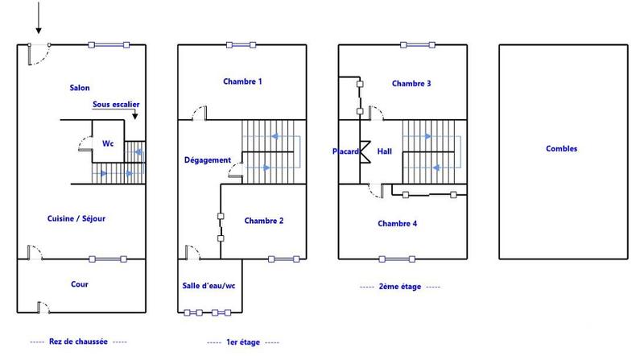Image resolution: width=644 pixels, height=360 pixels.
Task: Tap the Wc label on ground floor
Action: point(107,143)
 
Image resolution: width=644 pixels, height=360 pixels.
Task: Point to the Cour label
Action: point(79,284)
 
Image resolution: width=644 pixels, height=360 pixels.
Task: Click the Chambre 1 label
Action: point(242,81)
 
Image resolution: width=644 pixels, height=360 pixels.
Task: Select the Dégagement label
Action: point(207,160)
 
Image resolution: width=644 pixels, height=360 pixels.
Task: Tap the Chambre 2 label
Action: point(264,221)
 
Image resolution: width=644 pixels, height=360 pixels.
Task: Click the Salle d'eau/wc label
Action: point(208,285)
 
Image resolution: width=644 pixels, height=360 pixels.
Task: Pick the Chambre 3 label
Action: point(411,84)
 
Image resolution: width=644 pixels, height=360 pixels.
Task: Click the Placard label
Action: point(346,151)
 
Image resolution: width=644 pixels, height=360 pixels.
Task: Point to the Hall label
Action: point(384,151)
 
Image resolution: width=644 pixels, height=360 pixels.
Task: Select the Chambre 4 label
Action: point(397,224)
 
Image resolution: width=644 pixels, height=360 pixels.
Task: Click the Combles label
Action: point(561,149)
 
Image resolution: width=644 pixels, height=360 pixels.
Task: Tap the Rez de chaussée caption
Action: point(78,341)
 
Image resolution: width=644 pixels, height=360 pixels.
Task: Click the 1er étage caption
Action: point(242,342)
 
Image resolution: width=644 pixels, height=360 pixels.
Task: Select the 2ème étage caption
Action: point(399,287)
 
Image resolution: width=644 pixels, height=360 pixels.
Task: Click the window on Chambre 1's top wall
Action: point(241,44)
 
